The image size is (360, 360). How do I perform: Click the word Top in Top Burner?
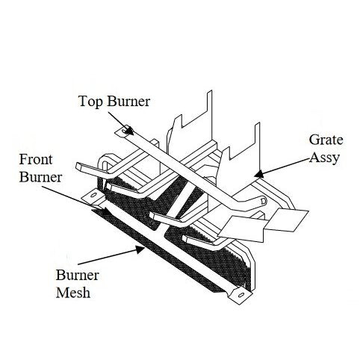(90, 102)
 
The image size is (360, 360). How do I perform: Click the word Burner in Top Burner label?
(128, 101)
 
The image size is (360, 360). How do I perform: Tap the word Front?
(36, 159)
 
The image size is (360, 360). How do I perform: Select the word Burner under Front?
(40, 177)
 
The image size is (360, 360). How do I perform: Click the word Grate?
(326, 140)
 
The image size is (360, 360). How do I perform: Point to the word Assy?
(325, 158)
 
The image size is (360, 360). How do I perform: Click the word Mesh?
(73, 292)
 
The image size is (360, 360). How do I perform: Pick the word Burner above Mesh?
(78, 275)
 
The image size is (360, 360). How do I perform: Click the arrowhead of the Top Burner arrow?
(129, 131)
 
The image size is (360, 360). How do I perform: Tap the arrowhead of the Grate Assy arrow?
(259, 174)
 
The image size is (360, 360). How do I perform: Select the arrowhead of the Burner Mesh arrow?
(140, 249)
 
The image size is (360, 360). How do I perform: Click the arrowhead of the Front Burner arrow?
(105, 211)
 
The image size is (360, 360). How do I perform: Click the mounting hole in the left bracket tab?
(93, 195)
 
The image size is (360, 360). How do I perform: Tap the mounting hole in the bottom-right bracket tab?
(241, 295)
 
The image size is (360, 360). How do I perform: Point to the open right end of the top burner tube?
(263, 200)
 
